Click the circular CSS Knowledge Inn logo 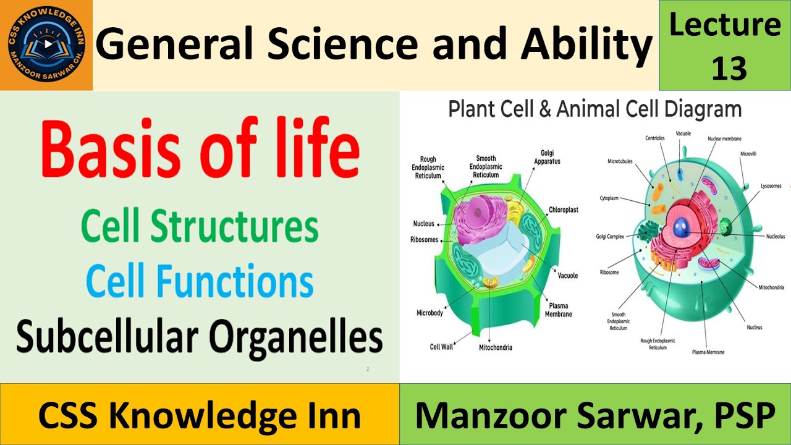pyautogui.click(x=46, y=45)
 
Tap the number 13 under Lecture pyautogui.click(x=729, y=69)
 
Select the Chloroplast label pyautogui.click(x=563, y=210)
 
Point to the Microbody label pyautogui.click(x=429, y=313)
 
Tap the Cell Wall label pyautogui.click(x=441, y=347)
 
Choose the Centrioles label pyautogui.click(x=654, y=138)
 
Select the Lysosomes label pyautogui.click(x=770, y=186)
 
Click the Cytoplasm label pyautogui.click(x=609, y=198)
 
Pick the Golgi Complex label pyautogui.click(x=610, y=236)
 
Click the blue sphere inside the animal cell pyautogui.click(x=682, y=228)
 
